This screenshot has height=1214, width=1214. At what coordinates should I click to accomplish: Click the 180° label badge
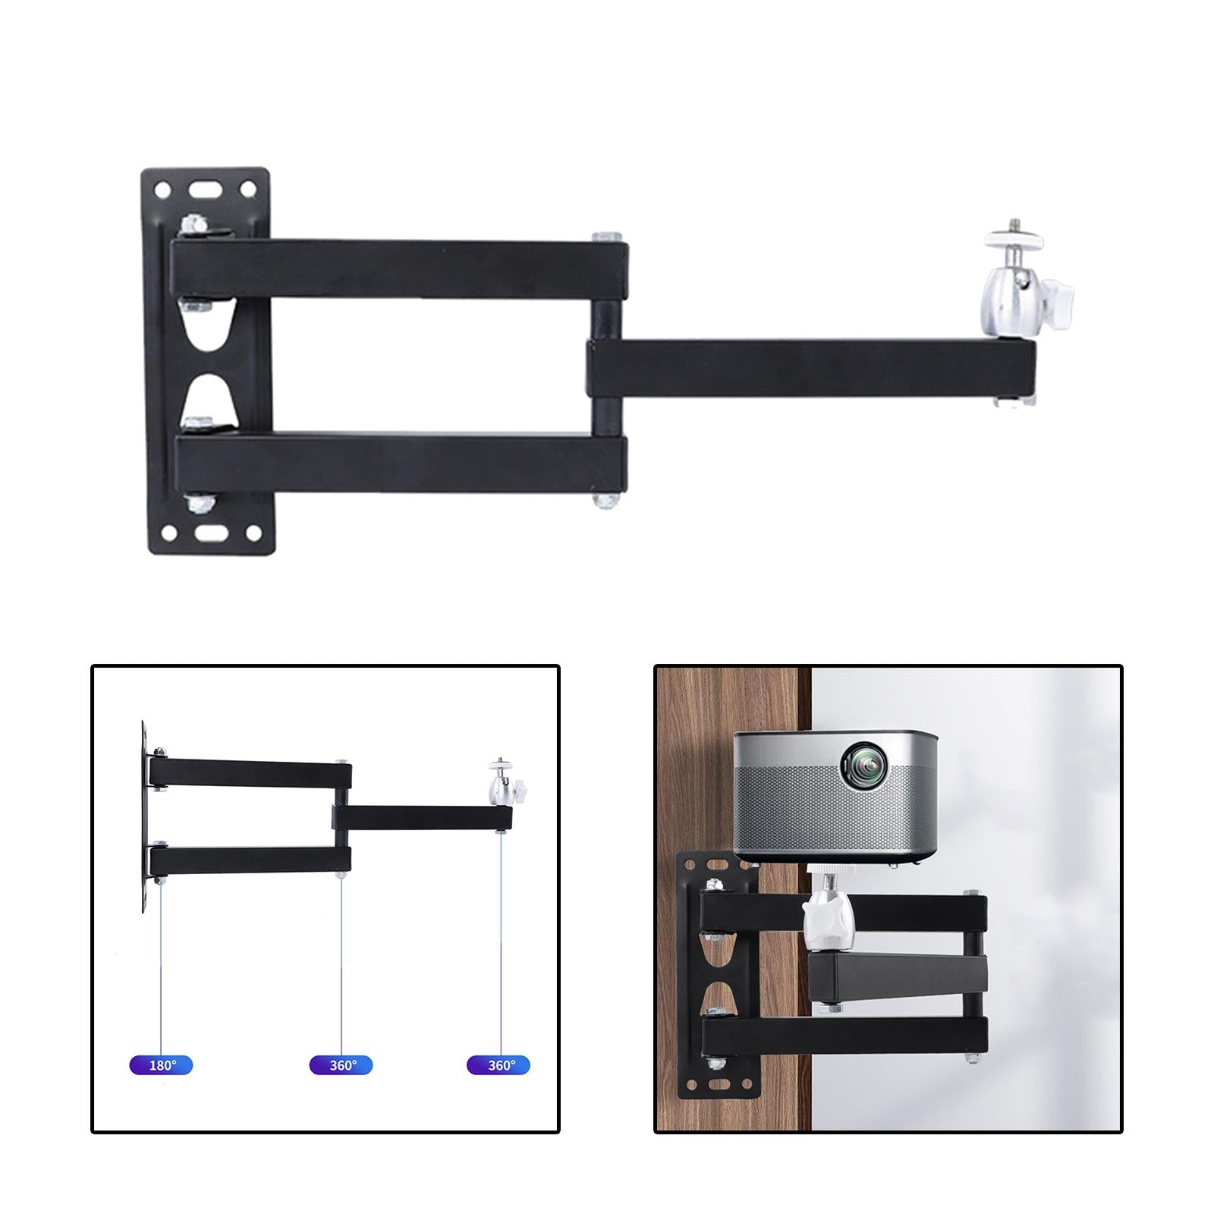click(161, 1065)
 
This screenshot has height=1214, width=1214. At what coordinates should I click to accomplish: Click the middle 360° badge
click(341, 1065)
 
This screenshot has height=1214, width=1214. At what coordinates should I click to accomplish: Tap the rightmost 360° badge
click(498, 1065)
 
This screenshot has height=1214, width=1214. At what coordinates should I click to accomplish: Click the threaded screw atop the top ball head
click(1011, 227)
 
